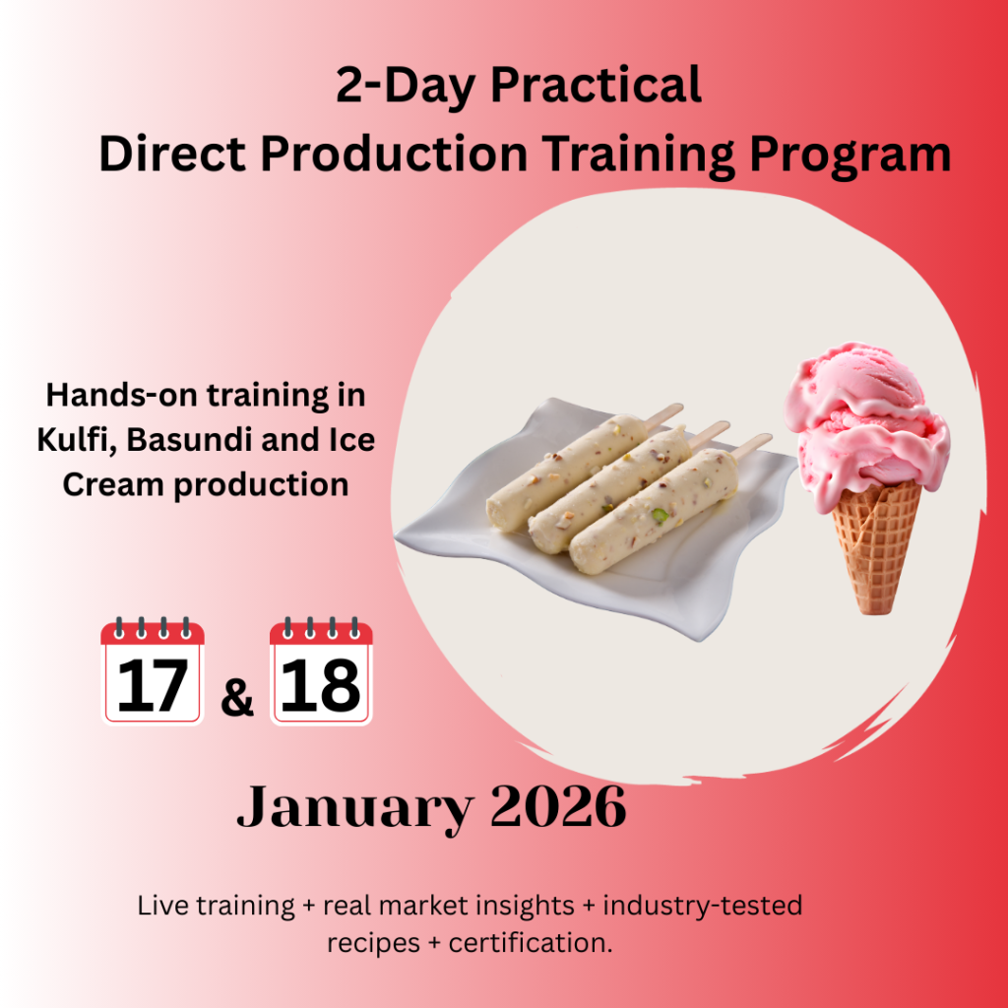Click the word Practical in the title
point(596,85)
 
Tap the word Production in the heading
point(394,154)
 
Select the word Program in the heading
point(850,157)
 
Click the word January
point(354,808)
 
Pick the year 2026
point(558,806)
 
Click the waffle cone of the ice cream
point(877,546)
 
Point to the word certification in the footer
point(531,943)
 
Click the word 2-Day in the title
point(405,87)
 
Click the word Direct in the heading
point(172,154)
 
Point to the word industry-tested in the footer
point(702,906)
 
